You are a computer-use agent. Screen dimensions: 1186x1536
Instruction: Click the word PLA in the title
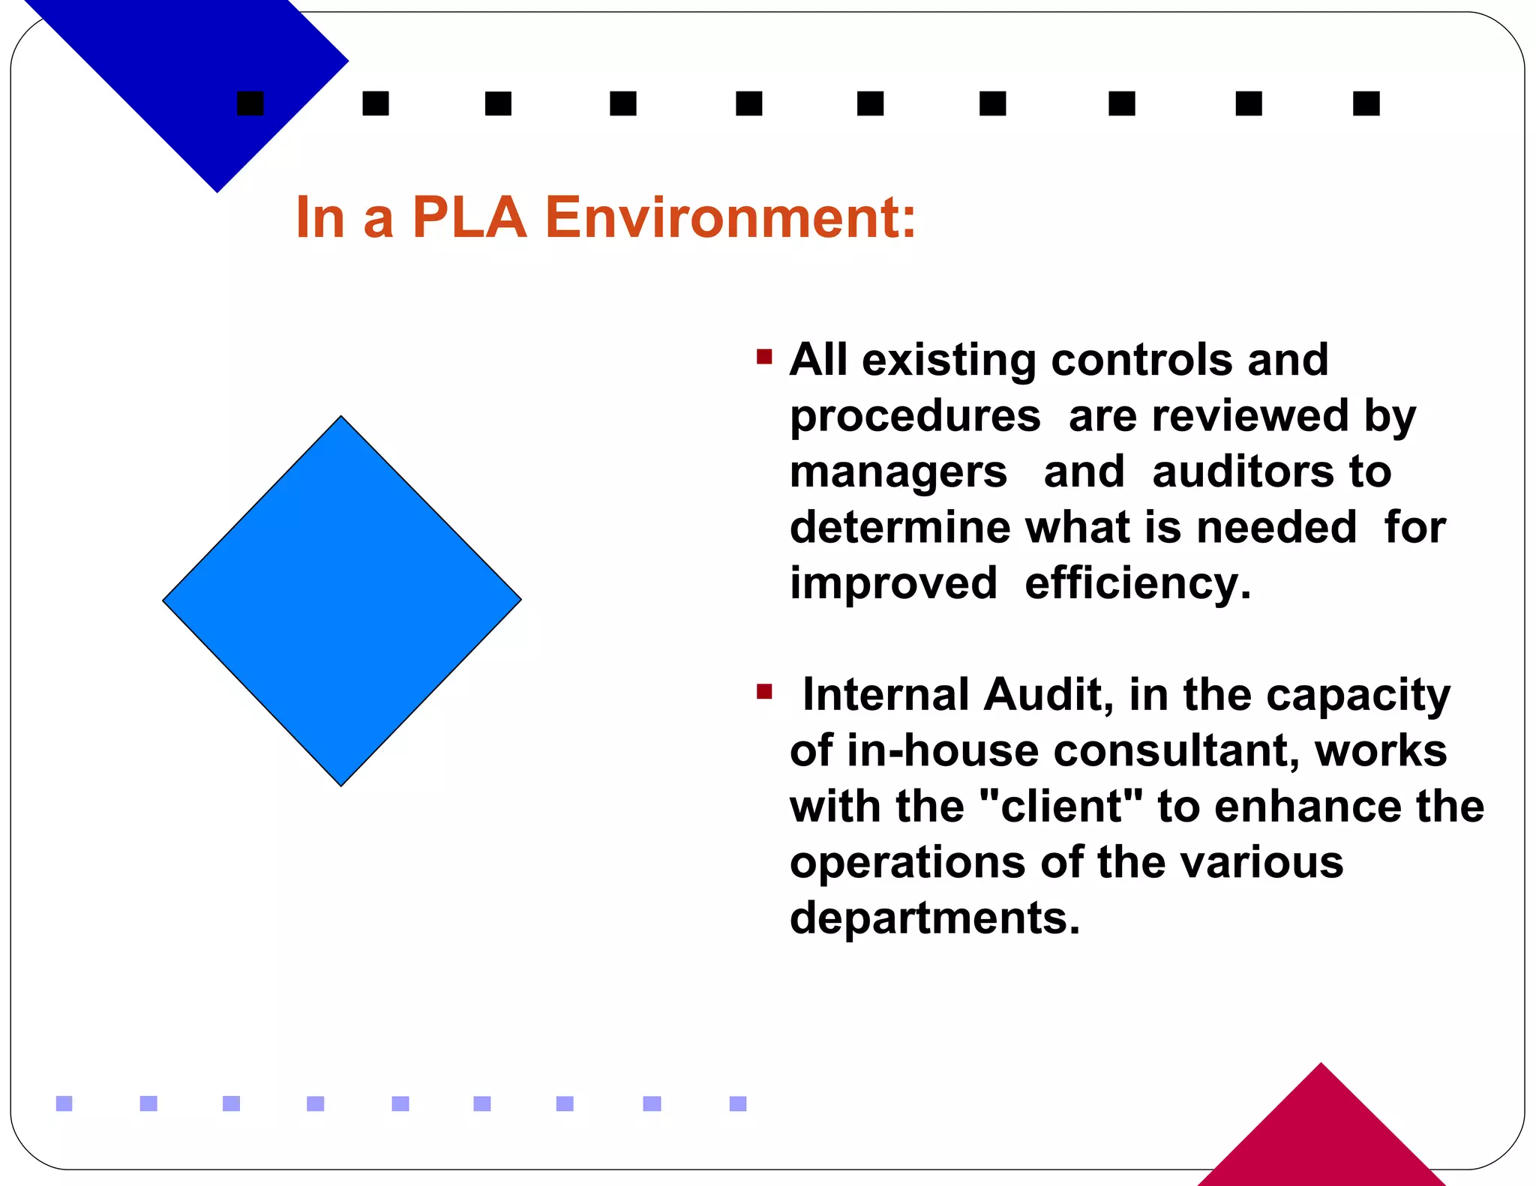[x=469, y=217]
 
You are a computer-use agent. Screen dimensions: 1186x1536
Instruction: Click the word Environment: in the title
[x=730, y=217]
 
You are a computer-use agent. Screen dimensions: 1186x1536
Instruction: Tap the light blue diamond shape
[x=341, y=600]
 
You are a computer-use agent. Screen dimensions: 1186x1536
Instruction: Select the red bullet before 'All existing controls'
[x=764, y=356]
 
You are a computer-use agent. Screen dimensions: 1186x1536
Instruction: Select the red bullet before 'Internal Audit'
[x=764, y=691]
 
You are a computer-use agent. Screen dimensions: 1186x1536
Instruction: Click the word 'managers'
[x=898, y=472]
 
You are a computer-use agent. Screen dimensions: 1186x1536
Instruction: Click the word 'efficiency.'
[x=1138, y=583]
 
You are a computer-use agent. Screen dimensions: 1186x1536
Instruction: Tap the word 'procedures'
[x=915, y=417]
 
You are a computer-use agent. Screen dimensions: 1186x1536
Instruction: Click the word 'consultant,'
[x=1177, y=750]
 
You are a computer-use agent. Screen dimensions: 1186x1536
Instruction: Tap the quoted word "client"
[x=1062, y=807]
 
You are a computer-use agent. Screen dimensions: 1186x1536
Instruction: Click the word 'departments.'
[x=934, y=918]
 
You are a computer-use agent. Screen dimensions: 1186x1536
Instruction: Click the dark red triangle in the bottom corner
[x=1321, y=1132]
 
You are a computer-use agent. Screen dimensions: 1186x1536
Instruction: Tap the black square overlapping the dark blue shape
[x=250, y=103]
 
